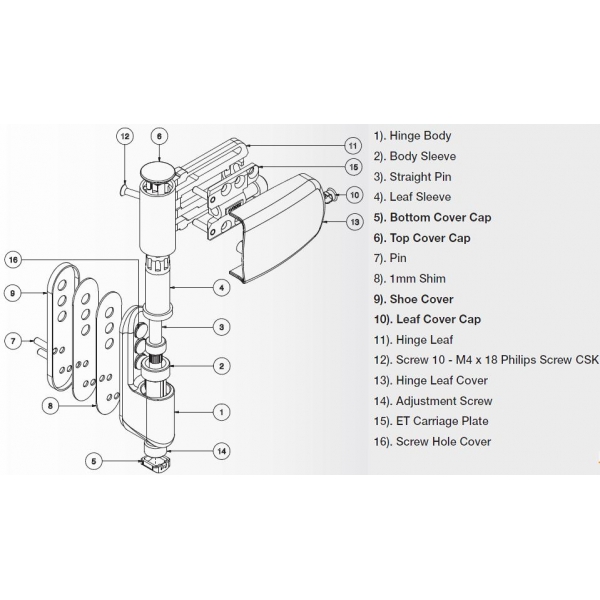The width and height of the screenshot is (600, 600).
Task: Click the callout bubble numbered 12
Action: pos(124,135)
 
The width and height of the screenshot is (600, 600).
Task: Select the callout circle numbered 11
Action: pos(353,145)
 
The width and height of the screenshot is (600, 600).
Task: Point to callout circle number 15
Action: pos(353,166)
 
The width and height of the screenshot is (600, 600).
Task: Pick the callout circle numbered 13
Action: pos(353,220)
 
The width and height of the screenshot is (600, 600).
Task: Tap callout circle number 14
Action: pos(222,451)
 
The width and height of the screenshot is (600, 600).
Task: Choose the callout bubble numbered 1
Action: pos(222,410)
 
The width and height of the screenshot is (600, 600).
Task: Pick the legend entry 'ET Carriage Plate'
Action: pos(432,422)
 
